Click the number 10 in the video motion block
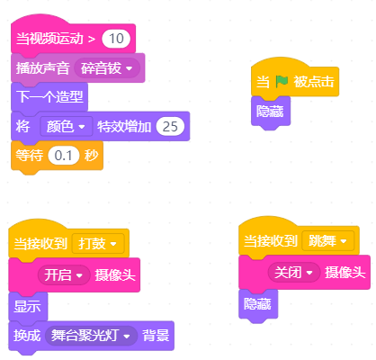click(x=116, y=39)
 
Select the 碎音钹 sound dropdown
click(x=107, y=68)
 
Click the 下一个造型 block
click(x=49, y=97)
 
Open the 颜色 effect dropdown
click(x=67, y=127)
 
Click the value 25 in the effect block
click(x=170, y=127)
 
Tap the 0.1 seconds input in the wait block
click(x=64, y=156)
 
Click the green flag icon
click(x=282, y=81)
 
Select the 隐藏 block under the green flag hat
click(x=271, y=112)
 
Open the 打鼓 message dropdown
click(x=98, y=244)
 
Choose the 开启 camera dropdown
click(x=64, y=274)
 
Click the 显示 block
click(x=28, y=306)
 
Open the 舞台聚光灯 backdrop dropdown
click(x=91, y=336)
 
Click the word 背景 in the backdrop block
click(x=156, y=336)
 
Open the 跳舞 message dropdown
click(x=327, y=240)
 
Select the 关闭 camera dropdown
click(x=294, y=273)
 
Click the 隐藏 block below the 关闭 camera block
click(x=258, y=304)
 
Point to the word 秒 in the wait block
click(x=92, y=156)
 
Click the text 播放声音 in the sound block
click(x=42, y=68)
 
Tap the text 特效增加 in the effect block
click(x=124, y=127)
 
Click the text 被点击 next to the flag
click(x=313, y=82)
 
